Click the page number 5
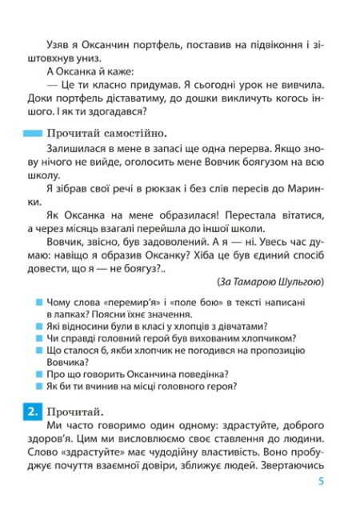click(x=320, y=481)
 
